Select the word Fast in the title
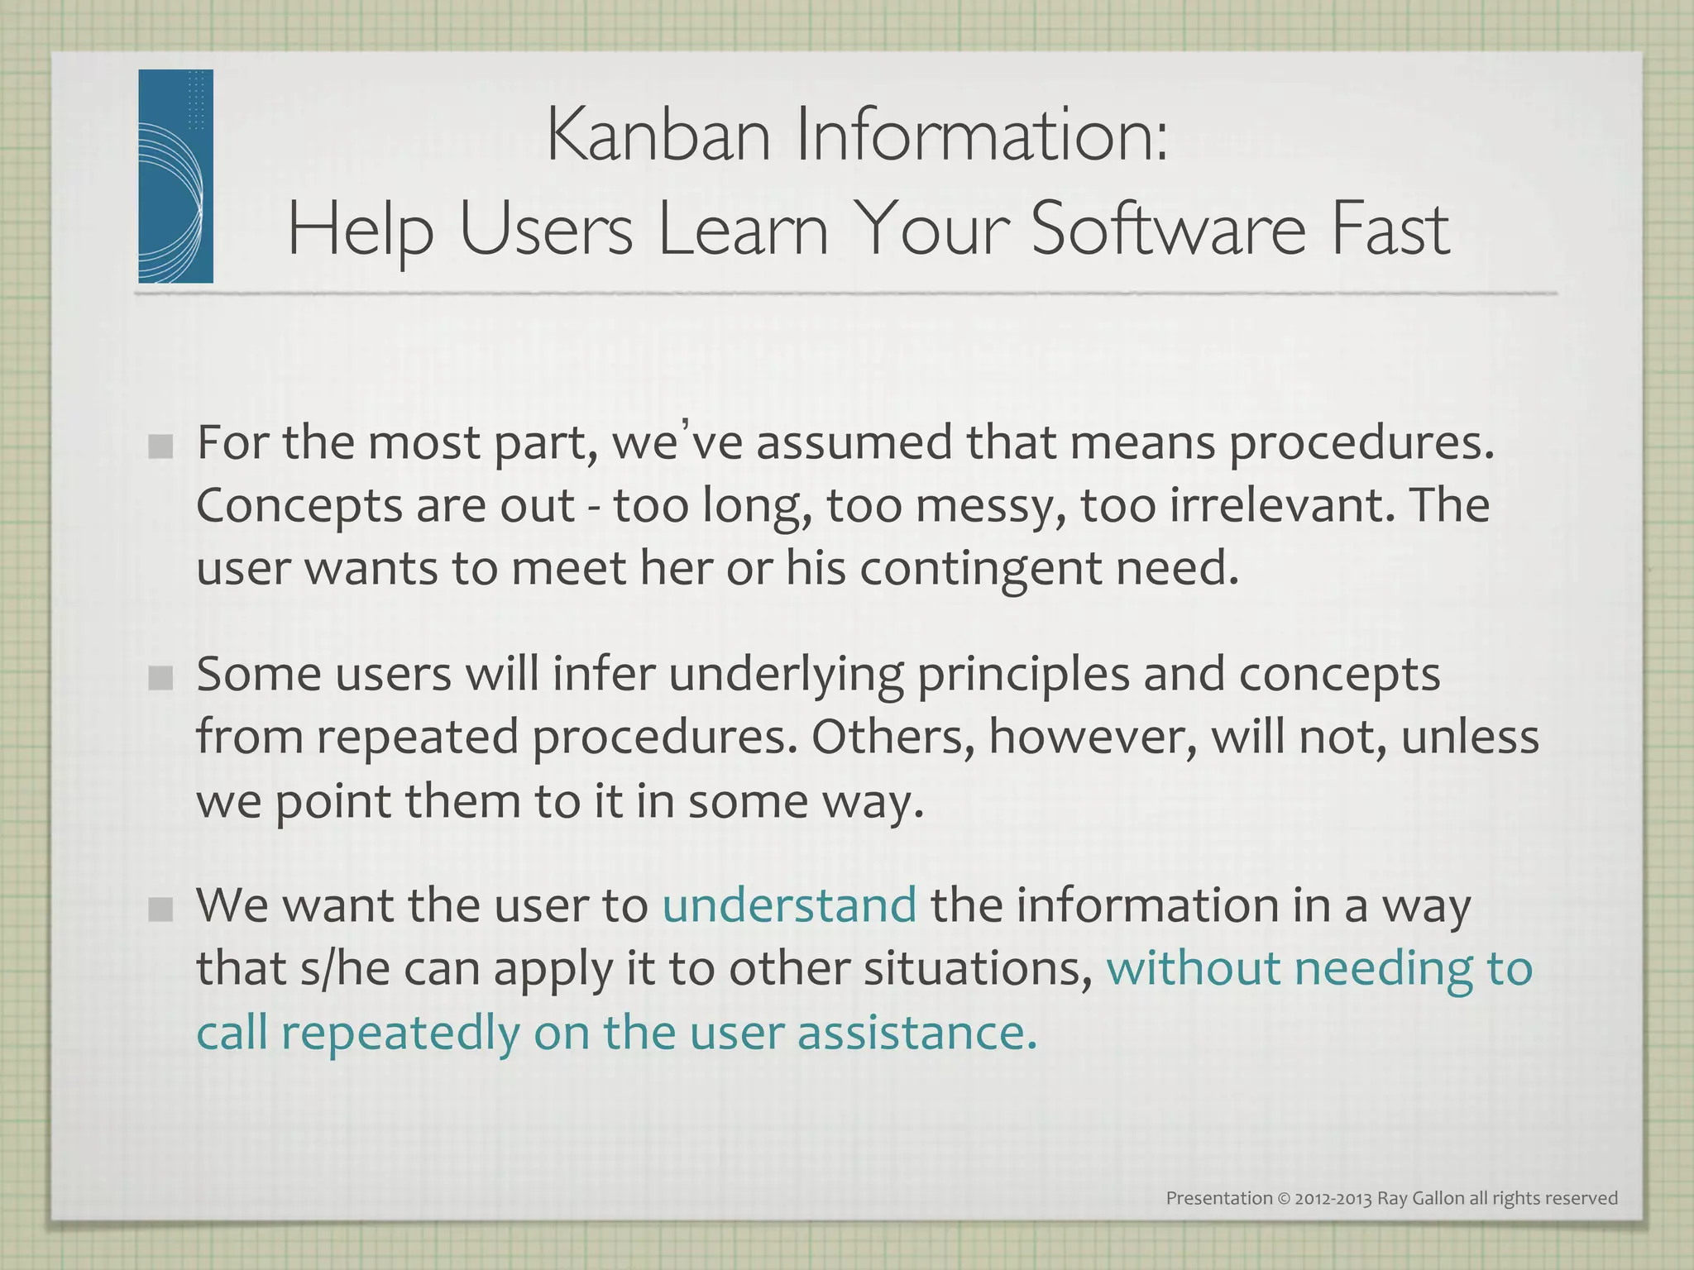click(1390, 229)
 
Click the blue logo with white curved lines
click(175, 176)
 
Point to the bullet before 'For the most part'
click(161, 447)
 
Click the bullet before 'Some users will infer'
click(161, 679)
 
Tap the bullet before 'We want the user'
click(161, 910)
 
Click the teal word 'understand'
click(789, 905)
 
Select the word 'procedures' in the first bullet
click(1361, 444)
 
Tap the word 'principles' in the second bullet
click(1023, 676)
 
